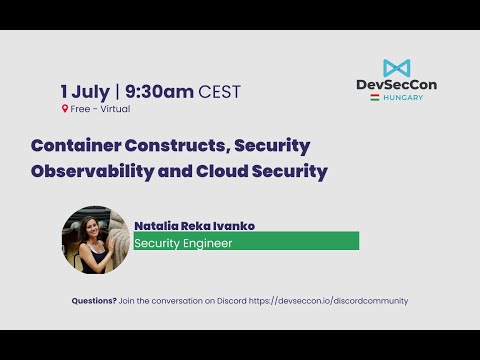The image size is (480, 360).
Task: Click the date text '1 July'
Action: coord(85,91)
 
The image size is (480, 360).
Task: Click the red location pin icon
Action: coord(64,108)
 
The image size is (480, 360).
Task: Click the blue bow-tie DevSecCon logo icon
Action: coord(396,68)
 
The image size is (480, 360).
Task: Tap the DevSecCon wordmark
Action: coord(396,85)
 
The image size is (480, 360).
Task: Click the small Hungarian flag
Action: coord(374,97)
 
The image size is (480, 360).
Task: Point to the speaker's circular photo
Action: coord(97,240)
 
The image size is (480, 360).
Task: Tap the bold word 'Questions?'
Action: coord(94,301)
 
